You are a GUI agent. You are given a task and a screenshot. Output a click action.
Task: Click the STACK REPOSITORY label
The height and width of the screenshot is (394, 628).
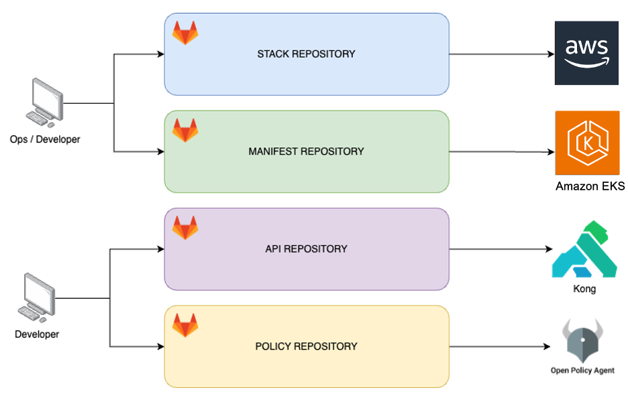click(306, 54)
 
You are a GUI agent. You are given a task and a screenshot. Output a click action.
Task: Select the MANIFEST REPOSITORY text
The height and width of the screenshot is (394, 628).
click(306, 151)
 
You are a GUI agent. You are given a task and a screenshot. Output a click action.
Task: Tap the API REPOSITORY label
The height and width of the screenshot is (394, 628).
click(306, 249)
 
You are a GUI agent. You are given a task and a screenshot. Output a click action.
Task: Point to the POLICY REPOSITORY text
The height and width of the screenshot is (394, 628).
click(306, 346)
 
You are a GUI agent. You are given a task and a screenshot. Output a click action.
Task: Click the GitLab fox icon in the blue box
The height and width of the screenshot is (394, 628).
click(185, 33)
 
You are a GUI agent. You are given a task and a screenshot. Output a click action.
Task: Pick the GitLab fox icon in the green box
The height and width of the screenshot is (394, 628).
click(185, 130)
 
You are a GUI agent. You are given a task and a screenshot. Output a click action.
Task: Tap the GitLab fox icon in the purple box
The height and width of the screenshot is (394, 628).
click(185, 228)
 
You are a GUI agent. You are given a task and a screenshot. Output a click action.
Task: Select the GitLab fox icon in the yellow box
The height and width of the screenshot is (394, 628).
click(185, 326)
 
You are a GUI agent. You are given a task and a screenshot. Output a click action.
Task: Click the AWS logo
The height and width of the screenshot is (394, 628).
click(586, 53)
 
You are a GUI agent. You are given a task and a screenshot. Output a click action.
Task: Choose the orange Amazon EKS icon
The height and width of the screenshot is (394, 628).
click(586, 143)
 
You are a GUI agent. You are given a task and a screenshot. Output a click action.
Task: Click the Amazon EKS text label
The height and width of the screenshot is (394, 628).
click(590, 186)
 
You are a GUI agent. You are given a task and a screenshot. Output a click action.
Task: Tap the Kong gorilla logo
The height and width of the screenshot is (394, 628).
click(584, 251)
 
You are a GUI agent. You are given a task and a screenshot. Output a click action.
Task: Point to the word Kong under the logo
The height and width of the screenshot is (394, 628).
click(584, 289)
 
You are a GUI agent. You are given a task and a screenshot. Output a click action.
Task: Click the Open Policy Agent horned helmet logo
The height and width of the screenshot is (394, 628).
click(582, 340)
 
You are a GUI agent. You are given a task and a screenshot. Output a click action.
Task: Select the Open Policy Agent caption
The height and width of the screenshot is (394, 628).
click(582, 371)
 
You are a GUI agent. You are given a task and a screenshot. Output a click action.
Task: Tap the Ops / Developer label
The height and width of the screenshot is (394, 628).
click(45, 139)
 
